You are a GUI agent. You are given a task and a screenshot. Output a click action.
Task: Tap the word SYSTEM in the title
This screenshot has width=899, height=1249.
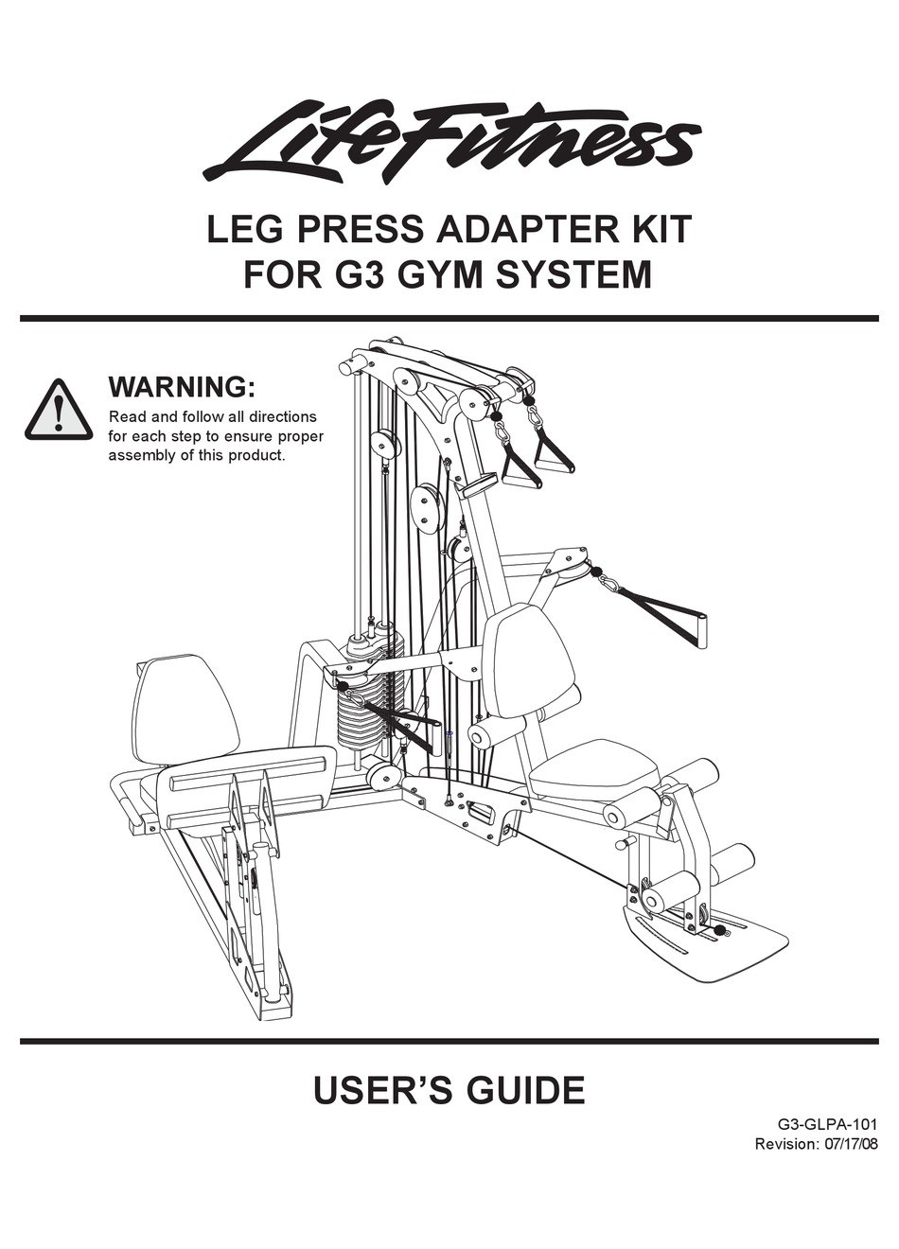[x=573, y=275]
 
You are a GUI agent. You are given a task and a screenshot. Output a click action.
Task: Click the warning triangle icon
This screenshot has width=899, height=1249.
[x=59, y=411]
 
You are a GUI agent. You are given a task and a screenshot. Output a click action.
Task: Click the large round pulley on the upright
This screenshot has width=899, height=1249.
[x=429, y=506]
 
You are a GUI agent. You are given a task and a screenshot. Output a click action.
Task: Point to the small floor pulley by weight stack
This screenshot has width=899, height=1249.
[x=383, y=776]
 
